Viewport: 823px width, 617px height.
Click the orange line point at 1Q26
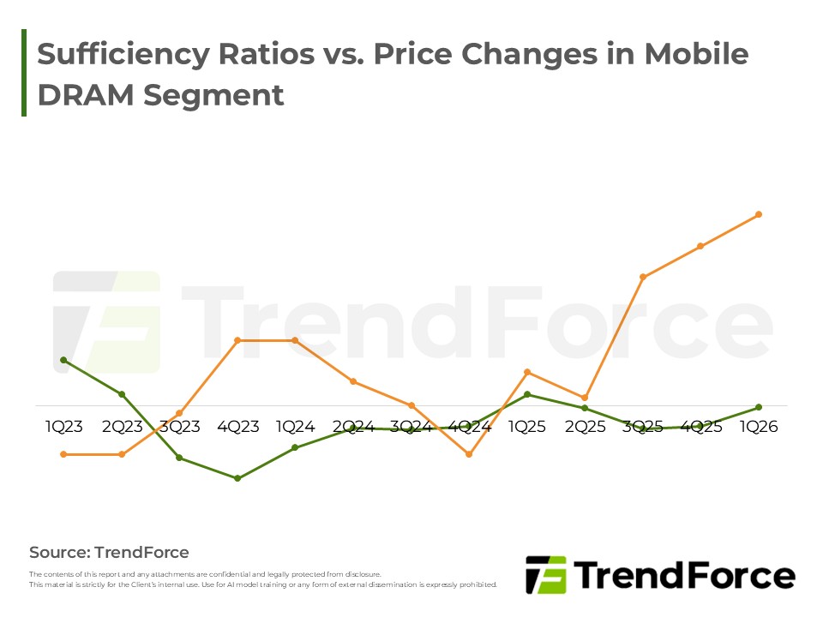click(759, 214)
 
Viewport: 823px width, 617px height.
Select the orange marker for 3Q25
click(642, 277)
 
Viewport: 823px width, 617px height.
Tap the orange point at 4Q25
click(700, 246)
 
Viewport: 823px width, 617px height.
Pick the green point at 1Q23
click(63, 360)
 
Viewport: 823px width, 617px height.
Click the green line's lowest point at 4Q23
click(237, 478)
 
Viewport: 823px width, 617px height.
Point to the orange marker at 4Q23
click(237, 340)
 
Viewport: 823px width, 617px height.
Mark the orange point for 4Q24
click(469, 454)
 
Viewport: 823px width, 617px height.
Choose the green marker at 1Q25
click(527, 394)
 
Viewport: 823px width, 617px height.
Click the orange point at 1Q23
click(63, 454)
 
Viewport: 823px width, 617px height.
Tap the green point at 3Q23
click(179, 458)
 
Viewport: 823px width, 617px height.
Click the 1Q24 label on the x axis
click(296, 427)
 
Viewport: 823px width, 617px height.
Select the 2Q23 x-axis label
click(122, 427)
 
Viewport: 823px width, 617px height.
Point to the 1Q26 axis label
click(759, 427)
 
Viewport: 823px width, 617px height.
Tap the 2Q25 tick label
click(585, 427)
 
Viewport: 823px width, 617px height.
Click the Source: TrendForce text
click(109, 553)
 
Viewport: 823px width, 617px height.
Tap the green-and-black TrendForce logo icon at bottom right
click(545, 575)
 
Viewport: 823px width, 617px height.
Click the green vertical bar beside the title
click(24, 73)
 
